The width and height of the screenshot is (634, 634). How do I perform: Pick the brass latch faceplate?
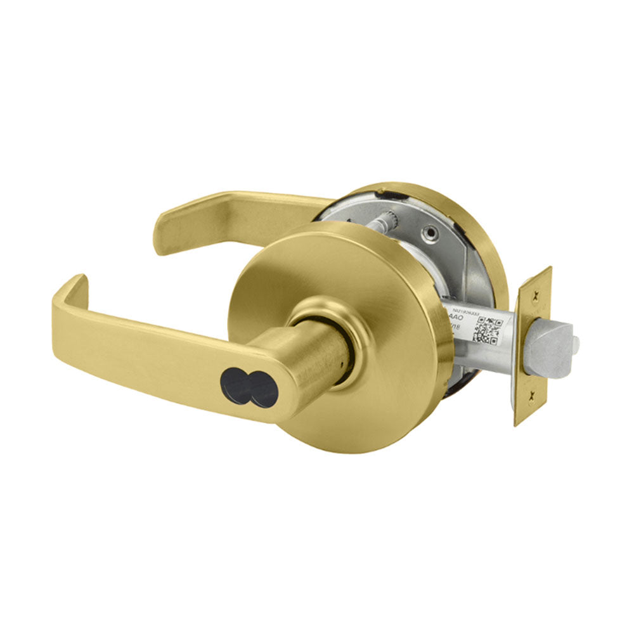click(531, 346)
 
